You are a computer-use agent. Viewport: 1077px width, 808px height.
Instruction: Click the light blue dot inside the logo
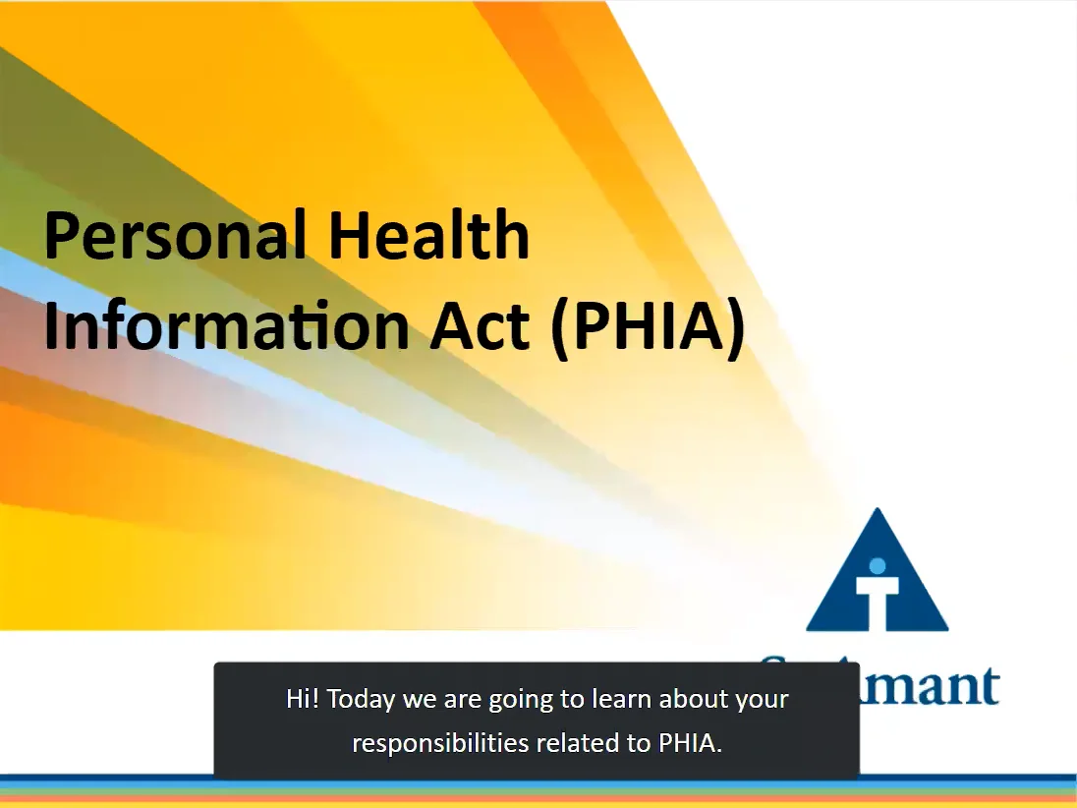[878, 565]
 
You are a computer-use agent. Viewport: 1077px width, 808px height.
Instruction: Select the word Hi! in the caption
[303, 700]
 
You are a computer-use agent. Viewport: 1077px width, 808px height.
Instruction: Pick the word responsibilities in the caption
[439, 743]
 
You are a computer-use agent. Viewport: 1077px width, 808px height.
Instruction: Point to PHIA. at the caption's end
[691, 743]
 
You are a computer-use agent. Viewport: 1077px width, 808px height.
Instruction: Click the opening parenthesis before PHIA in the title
[561, 328]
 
